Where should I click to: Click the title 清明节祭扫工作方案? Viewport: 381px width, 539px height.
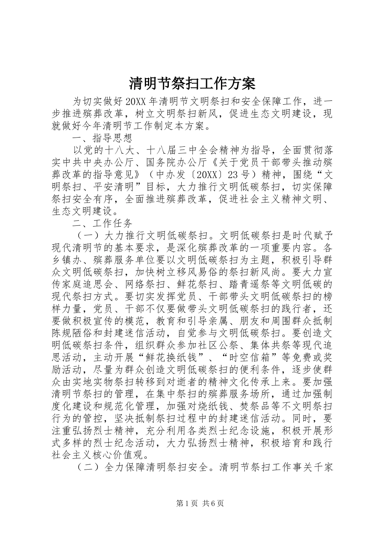pos(192,83)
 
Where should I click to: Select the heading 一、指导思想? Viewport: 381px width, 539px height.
pos(102,139)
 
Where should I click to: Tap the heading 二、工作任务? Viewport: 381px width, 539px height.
pos(102,223)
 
